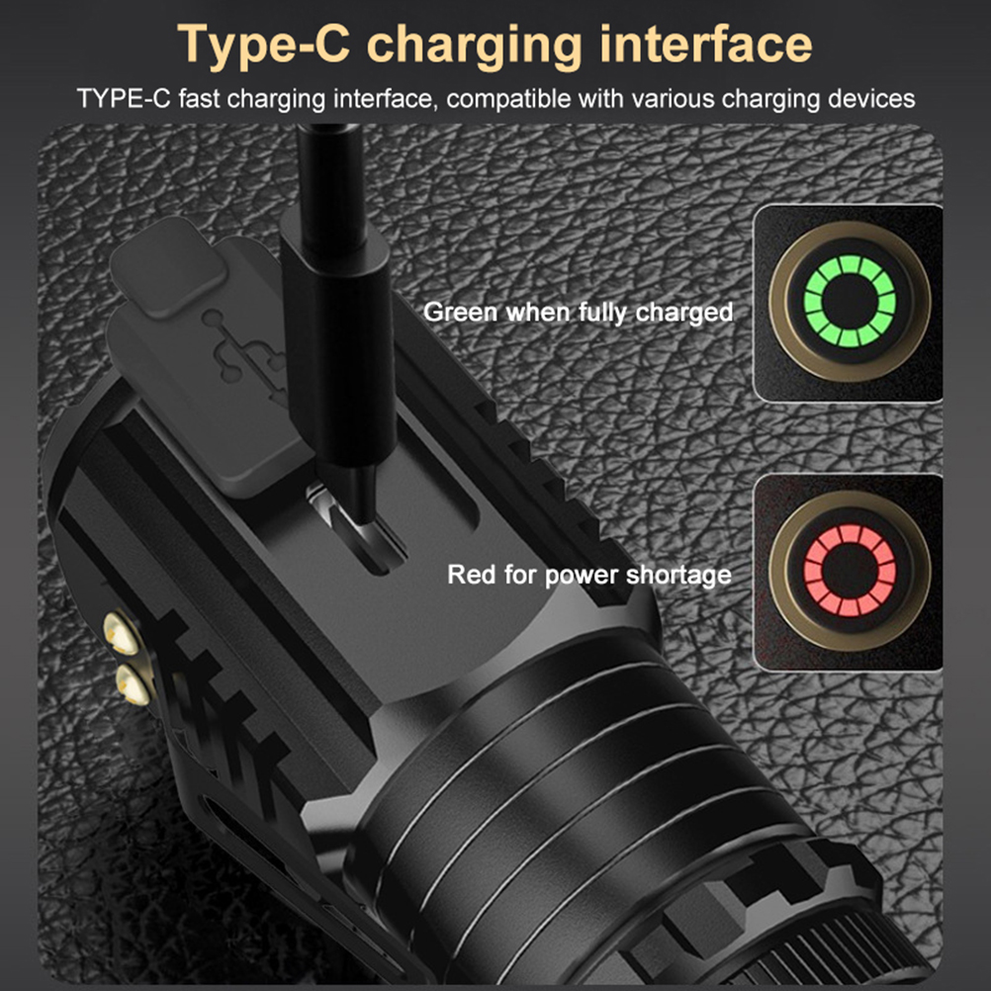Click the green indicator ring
pos(849,264)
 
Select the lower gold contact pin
pos(133,685)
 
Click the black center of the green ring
pos(850,301)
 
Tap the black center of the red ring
pos(850,570)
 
